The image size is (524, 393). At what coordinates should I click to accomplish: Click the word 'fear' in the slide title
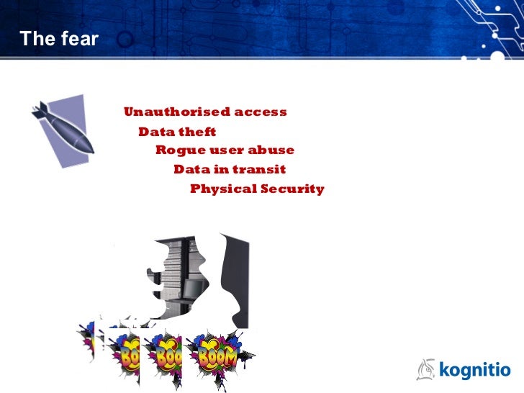pos(78,40)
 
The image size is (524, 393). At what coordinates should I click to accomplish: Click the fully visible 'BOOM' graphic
pos(220,355)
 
